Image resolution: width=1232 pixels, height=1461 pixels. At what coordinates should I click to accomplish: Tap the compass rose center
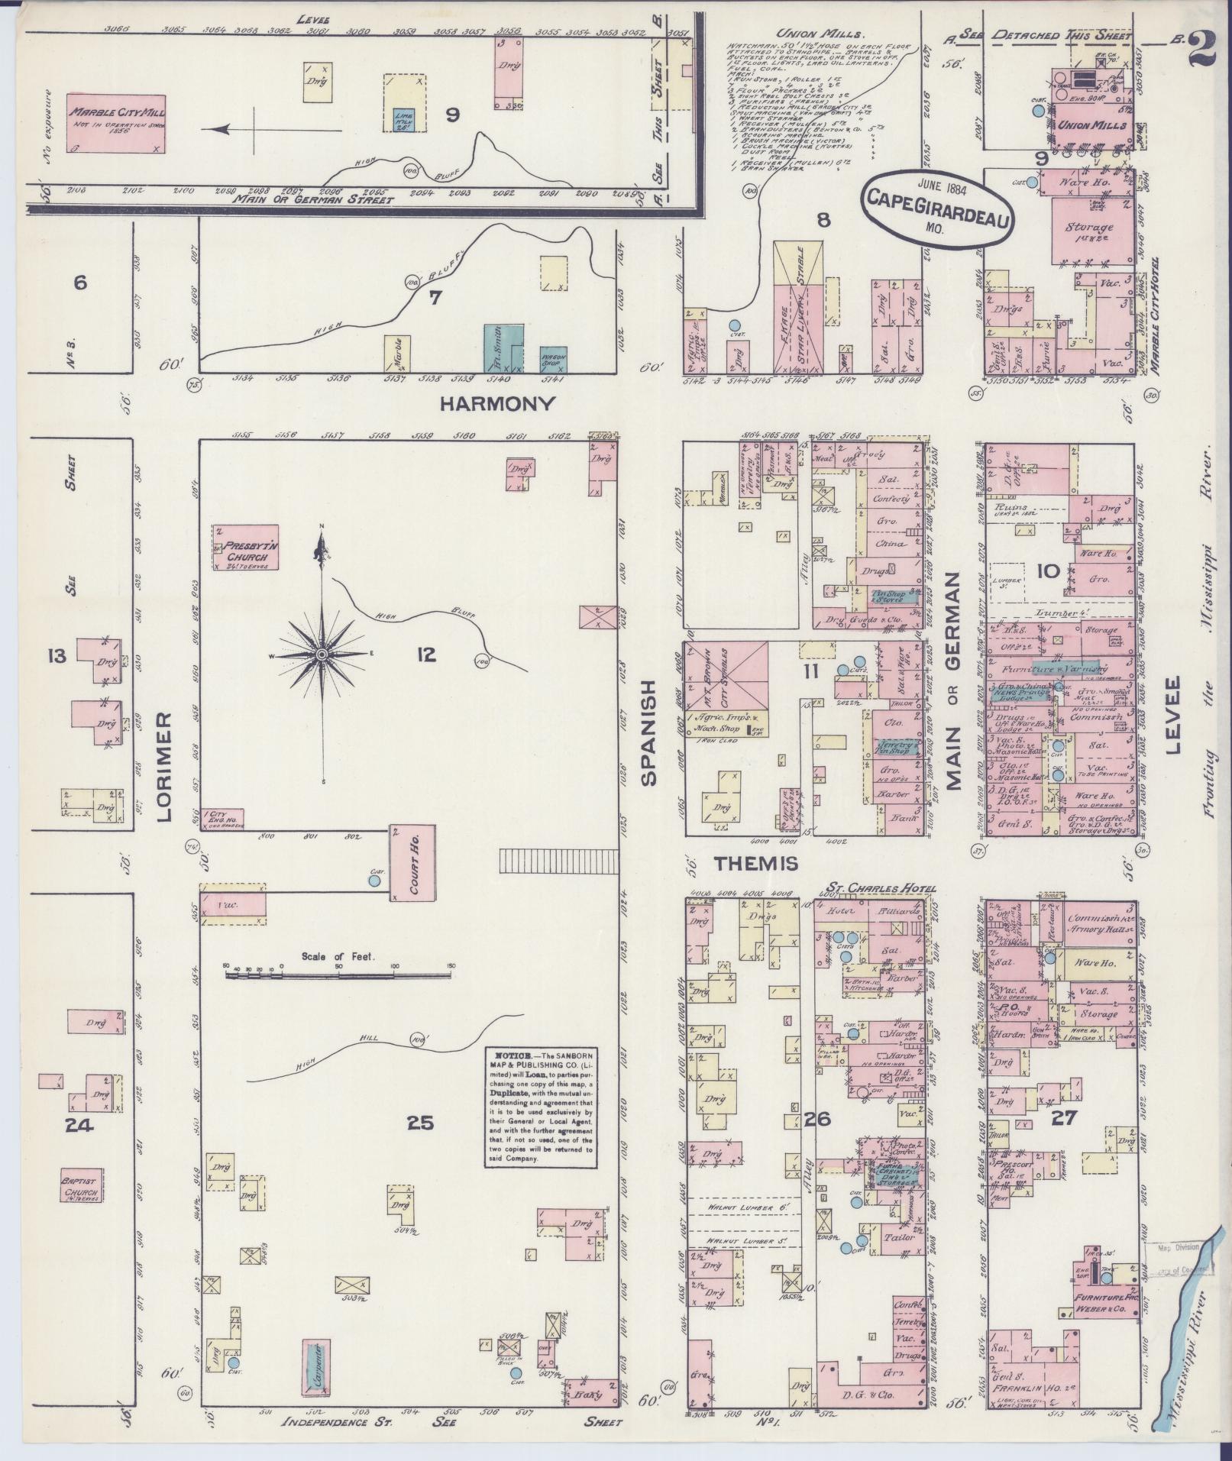click(x=322, y=655)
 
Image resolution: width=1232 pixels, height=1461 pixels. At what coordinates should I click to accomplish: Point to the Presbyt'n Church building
click(x=246, y=548)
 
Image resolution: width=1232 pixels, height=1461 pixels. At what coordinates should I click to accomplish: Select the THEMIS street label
click(x=755, y=863)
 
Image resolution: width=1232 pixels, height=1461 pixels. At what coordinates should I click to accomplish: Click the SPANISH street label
click(x=648, y=733)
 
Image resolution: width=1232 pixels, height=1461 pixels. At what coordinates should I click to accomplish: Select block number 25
click(x=419, y=1123)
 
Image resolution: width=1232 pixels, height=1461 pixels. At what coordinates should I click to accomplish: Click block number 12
click(x=425, y=654)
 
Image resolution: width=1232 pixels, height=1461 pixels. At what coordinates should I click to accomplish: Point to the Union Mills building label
click(x=1090, y=125)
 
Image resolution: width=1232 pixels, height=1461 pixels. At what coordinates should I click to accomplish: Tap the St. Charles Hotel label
click(x=878, y=887)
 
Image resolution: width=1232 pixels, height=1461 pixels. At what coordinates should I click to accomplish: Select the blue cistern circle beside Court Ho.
click(x=373, y=881)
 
